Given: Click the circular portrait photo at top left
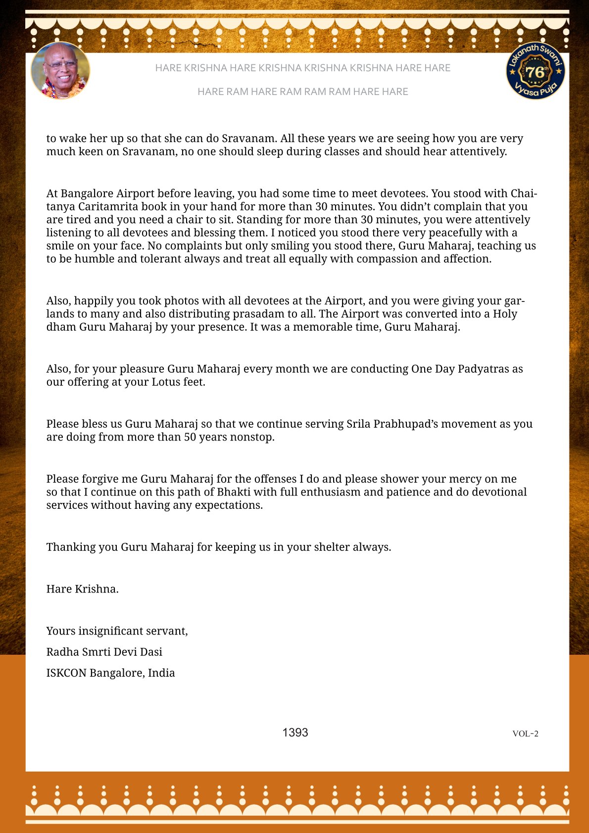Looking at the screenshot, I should (60, 70).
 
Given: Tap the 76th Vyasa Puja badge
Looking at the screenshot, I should (536, 70).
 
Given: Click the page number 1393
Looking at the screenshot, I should (295, 733).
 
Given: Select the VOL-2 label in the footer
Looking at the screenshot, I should (525, 734).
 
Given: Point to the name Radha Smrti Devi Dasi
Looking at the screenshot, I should (104, 652).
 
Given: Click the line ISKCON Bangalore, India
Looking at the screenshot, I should (110, 673).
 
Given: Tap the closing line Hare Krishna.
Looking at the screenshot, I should (82, 589).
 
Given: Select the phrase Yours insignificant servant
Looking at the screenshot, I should (117, 631).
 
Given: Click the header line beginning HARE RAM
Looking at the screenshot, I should (302, 92).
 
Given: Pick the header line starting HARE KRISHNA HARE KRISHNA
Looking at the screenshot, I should (302, 68).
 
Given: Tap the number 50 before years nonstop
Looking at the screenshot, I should (191, 437).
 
